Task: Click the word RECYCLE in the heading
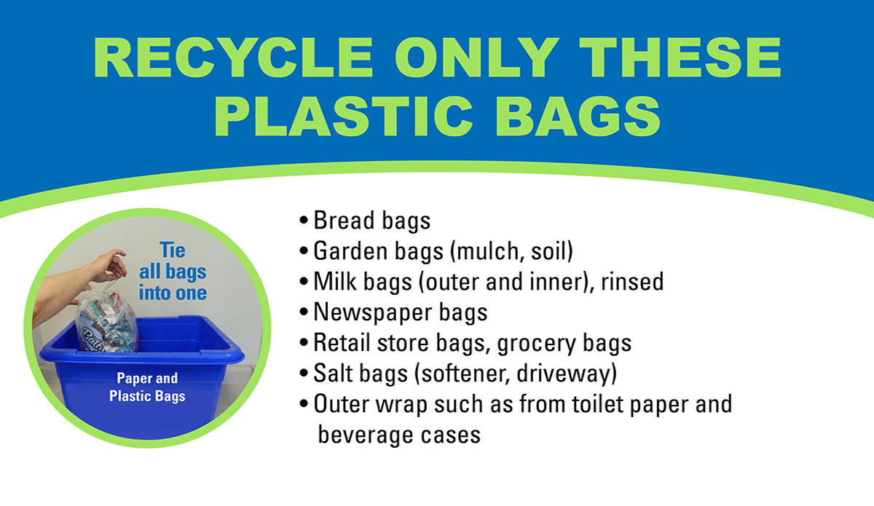pyautogui.click(x=233, y=58)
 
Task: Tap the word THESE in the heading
pyautogui.click(x=680, y=58)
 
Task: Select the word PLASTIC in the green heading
pyautogui.click(x=343, y=116)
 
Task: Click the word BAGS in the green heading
pyautogui.click(x=578, y=116)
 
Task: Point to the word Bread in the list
pyautogui.click(x=344, y=220)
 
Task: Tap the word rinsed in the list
pyautogui.click(x=632, y=281)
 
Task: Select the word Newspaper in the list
pyautogui.click(x=373, y=313)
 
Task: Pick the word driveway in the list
pyautogui.click(x=567, y=373)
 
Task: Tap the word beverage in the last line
pyautogui.click(x=366, y=435)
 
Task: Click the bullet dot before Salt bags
pyautogui.click(x=304, y=373)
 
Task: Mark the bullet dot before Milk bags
pyautogui.click(x=304, y=281)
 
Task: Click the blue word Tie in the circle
pyautogui.click(x=173, y=250)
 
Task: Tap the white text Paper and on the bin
pyautogui.click(x=147, y=378)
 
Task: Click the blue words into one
pyautogui.click(x=173, y=293)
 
